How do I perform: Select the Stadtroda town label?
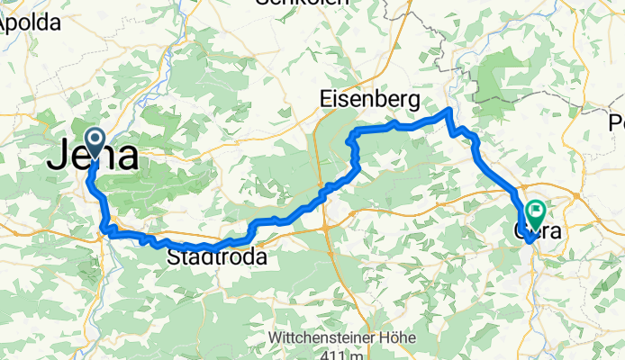pyautogui.click(x=217, y=258)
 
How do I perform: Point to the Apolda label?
pyautogui.click(x=28, y=24)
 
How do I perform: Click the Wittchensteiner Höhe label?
pyautogui.click(x=341, y=337)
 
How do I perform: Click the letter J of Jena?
pyautogui.click(x=56, y=157)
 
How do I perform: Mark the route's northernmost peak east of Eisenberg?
pyautogui.click(x=449, y=110)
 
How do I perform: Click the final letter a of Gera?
pyautogui.click(x=553, y=231)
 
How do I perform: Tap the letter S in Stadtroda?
pyautogui.click(x=174, y=258)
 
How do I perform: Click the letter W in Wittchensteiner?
pyautogui.click(x=276, y=337)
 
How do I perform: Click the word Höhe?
pyautogui.click(x=396, y=337)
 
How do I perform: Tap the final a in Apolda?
pyautogui.click(x=54, y=24)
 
